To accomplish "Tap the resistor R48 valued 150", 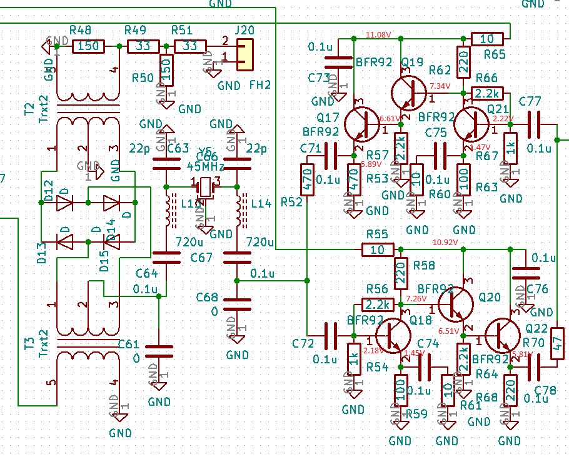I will pyautogui.click(x=88, y=46).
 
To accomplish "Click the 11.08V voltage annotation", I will pyautogui.click(x=378, y=34).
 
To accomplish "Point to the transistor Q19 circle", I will pyautogui.click(x=410, y=91).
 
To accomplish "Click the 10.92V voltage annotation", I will pyautogui.click(x=446, y=242).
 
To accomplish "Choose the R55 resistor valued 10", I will pyautogui.click(x=378, y=250).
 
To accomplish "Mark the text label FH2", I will pyautogui.click(x=259, y=84).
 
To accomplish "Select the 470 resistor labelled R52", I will pyautogui.click(x=307, y=179).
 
